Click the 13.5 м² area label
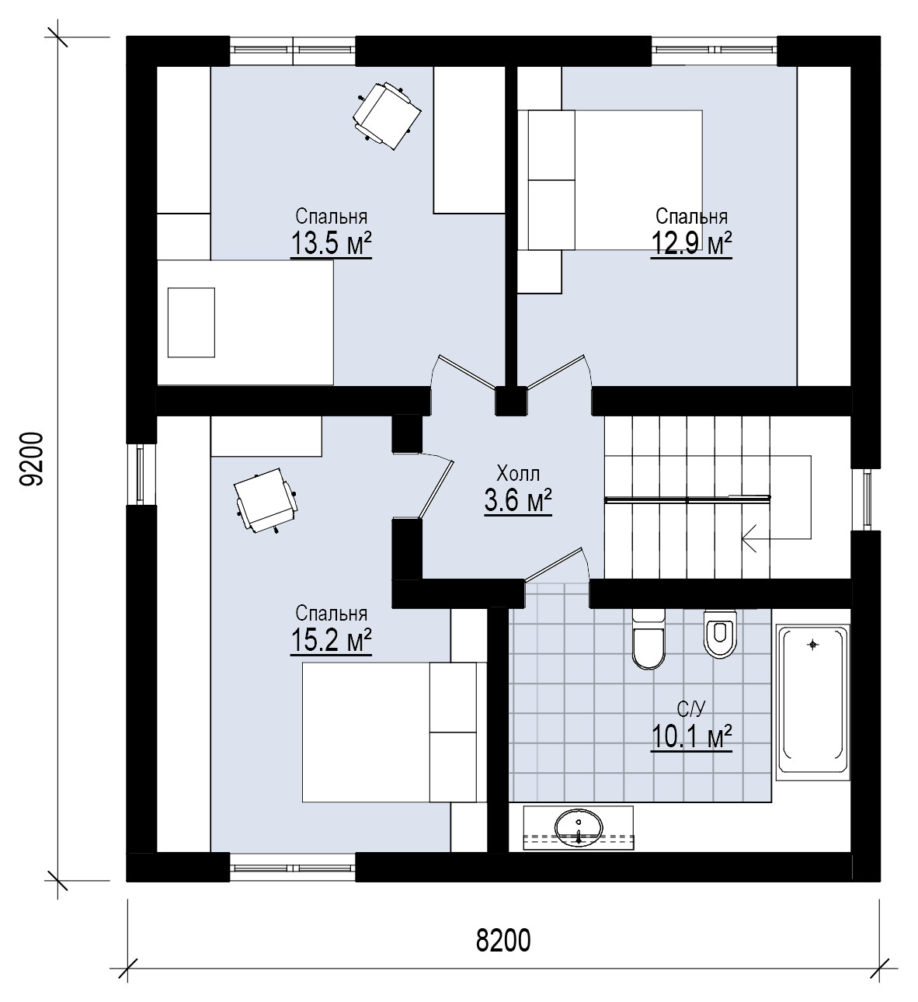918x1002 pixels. pyautogui.click(x=331, y=244)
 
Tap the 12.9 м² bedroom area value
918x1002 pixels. pyautogui.click(x=691, y=244)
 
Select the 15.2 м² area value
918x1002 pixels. pyautogui.click(x=331, y=641)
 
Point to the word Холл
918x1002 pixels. pyautogui.click(x=518, y=474)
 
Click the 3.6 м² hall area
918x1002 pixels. pyautogui.click(x=518, y=501)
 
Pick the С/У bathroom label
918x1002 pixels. pyautogui.click(x=691, y=708)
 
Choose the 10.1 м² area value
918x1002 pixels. pyautogui.click(x=691, y=737)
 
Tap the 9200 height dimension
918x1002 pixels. pyautogui.click(x=33, y=459)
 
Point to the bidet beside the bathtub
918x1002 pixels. pyautogui.click(x=720, y=634)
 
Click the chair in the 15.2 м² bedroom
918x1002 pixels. pyautogui.click(x=266, y=501)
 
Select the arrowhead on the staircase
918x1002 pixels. pyautogui.click(x=749, y=538)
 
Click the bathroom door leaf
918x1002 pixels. pyautogui.click(x=555, y=564)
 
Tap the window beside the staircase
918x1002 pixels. pyautogui.click(x=867, y=499)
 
